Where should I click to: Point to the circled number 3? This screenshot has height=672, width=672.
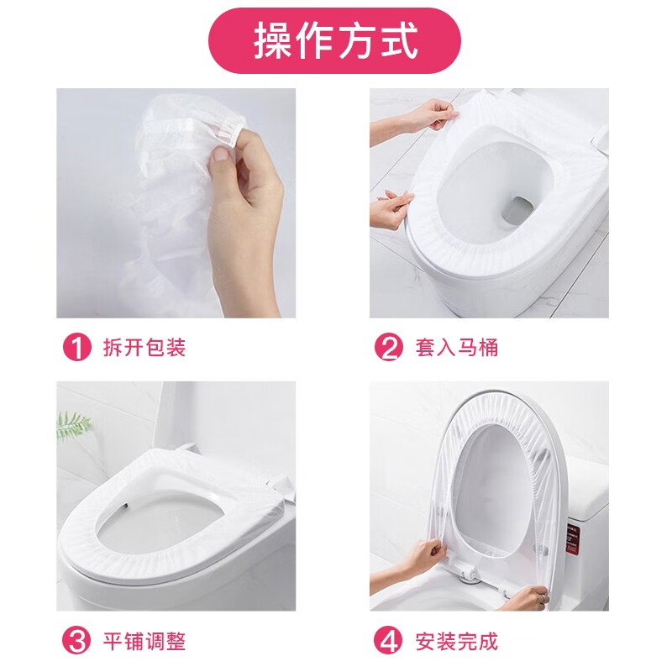pyautogui.click(x=77, y=643)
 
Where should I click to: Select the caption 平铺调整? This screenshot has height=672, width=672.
pyautogui.click(x=144, y=643)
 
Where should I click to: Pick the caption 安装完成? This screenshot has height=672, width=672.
pyautogui.click(x=456, y=643)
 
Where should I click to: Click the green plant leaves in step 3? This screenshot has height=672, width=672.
pyautogui.click(x=74, y=424)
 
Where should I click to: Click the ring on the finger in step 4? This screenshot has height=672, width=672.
pyautogui.click(x=543, y=599)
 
